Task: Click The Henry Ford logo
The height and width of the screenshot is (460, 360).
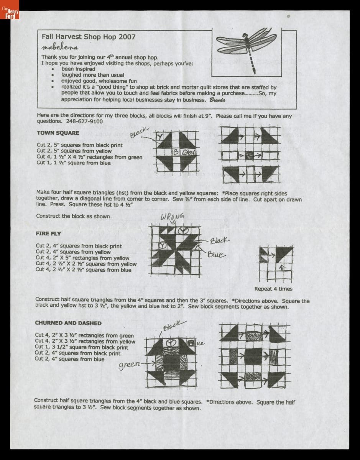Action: coord(10,14)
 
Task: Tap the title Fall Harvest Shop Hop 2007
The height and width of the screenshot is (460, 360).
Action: coord(88,37)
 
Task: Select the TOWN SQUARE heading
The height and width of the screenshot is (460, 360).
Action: coord(58,133)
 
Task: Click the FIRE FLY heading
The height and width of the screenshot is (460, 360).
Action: coord(48,233)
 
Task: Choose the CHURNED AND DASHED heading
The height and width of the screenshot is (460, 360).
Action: coord(68,323)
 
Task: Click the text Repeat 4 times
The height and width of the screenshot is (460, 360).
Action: coord(273,289)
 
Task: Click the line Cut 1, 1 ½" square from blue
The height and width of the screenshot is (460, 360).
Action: coord(73,163)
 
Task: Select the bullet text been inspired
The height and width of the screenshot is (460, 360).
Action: coord(78,69)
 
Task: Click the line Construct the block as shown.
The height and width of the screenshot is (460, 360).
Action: coord(74,216)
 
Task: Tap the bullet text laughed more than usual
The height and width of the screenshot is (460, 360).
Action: coord(92,75)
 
